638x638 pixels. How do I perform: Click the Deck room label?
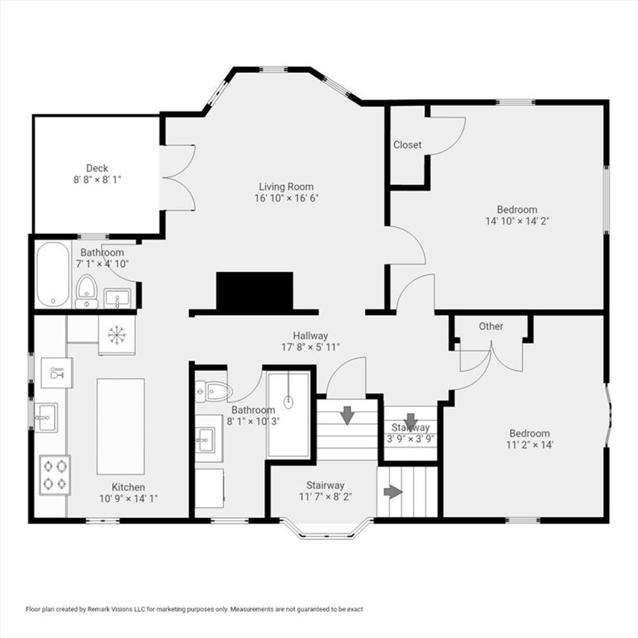click(97, 168)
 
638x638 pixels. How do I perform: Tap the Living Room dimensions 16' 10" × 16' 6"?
click(287, 198)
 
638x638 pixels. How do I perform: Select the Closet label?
click(407, 145)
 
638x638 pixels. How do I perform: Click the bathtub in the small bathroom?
click(53, 274)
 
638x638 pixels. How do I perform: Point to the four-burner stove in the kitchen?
click(55, 475)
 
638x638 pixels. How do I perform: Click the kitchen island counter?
click(120, 426)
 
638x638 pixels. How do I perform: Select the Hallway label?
click(310, 336)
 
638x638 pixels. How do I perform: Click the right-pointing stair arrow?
click(393, 492)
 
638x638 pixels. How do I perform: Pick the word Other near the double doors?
click(491, 326)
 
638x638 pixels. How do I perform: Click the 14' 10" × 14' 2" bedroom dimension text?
click(518, 221)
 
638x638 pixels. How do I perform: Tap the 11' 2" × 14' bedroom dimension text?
click(530, 445)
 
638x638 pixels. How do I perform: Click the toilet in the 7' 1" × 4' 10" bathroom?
click(86, 292)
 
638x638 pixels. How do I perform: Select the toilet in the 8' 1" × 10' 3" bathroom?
click(214, 391)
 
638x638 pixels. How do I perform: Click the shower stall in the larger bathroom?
click(288, 414)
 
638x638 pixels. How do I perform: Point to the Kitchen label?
click(128, 487)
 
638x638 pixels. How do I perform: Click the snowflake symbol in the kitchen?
click(117, 335)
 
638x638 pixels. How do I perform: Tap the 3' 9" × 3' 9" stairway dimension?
click(411, 439)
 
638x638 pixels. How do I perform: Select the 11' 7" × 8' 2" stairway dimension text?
click(325, 497)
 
